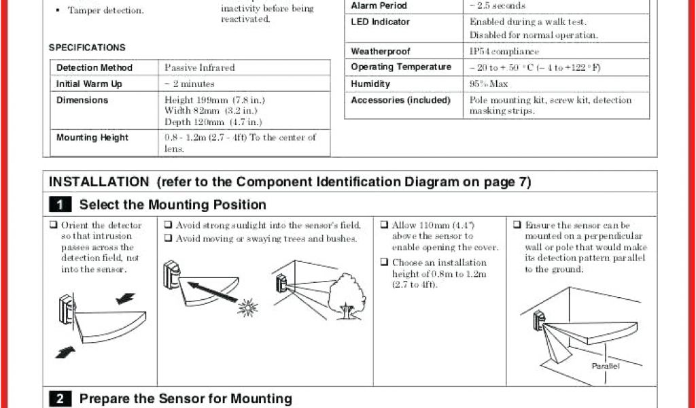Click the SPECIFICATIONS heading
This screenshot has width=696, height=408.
[x=87, y=48]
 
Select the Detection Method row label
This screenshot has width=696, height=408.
[x=94, y=68]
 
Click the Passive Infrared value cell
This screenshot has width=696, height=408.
[x=200, y=68]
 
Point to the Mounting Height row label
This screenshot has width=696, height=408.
[x=92, y=137]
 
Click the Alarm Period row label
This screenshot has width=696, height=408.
[x=379, y=5]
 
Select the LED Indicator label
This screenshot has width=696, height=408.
[x=381, y=22]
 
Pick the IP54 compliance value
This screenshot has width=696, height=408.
[x=504, y=52]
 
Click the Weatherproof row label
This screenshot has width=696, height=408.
[x=381, y=52]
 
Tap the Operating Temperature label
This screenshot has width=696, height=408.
[x=401, y=67]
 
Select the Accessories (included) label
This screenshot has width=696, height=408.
[x=400, y=101]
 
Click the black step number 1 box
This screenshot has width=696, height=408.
[x=60, y=205]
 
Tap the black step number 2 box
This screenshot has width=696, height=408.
[x=60, y=399]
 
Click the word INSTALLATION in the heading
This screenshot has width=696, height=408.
[x=99, y=182]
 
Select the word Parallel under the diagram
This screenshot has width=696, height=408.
[x=605, y=366]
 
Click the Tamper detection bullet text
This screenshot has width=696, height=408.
[x=105, y=11]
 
